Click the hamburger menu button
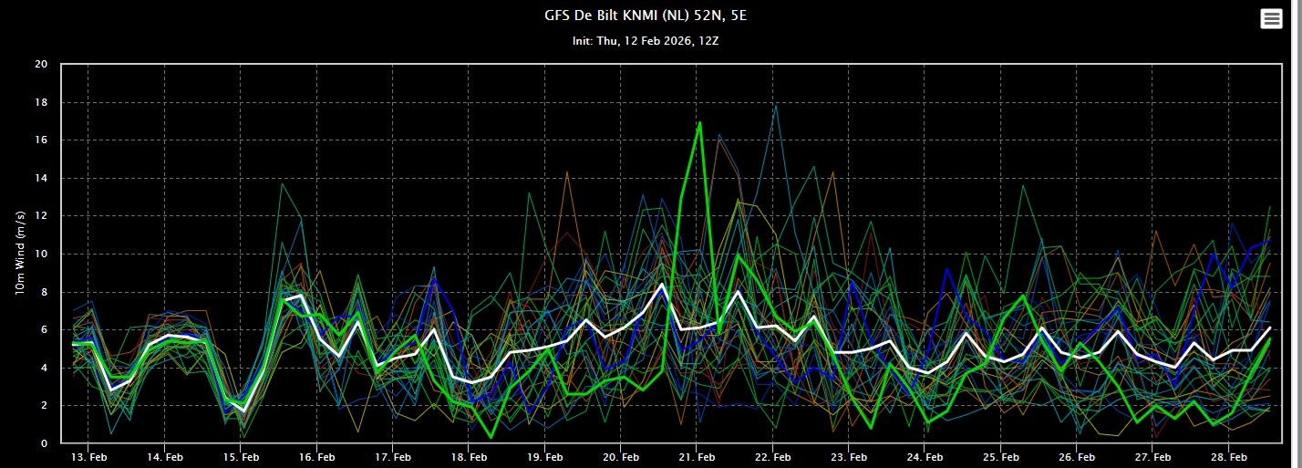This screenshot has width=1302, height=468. (1271, 19)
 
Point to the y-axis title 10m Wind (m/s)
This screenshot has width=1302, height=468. (20, 253)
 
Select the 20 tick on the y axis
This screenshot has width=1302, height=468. (41, 64)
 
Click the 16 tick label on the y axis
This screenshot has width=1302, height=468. (41, 140)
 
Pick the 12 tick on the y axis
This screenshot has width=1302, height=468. (41, 216)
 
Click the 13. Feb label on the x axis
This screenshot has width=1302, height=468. (86, 455)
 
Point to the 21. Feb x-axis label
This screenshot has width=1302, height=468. (696, 455)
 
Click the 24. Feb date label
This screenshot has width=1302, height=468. (925, 455)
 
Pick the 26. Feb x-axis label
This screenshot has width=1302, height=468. (1077, 455)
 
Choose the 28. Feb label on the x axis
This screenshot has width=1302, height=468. (1229, 455)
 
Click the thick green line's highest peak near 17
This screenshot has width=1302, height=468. (699, 122)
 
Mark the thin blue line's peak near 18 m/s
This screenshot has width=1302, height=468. (776, 106)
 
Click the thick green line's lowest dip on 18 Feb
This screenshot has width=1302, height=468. (491, 437)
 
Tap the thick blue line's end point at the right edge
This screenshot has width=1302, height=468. (1269, 240)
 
